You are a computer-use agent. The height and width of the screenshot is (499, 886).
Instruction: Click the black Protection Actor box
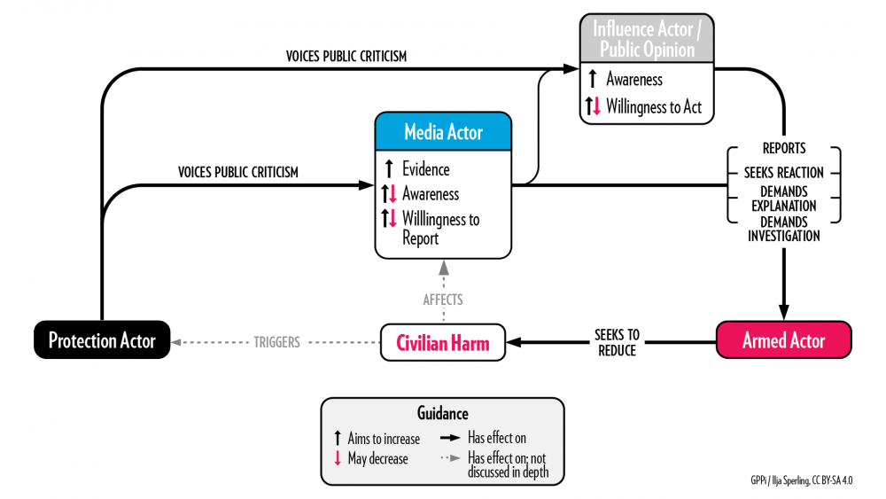pos(102,340)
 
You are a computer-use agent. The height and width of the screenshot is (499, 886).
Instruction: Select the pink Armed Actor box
pos(783,340)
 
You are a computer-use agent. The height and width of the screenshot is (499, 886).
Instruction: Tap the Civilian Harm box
pos(442,343)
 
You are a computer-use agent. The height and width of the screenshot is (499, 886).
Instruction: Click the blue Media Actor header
pos(443,132)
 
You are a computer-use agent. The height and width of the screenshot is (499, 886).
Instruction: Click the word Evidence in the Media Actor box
pos(425,169)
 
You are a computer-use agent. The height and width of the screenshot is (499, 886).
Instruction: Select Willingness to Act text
pos(653,107)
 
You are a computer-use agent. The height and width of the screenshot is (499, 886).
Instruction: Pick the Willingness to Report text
pos(440,228)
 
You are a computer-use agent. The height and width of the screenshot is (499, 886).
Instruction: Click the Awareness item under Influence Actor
pos(633,80)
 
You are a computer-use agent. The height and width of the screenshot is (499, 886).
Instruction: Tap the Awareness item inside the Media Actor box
pos(431,193)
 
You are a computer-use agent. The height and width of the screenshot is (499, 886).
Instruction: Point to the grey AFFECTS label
pos(442,300)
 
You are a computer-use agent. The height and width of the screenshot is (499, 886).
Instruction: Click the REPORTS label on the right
pos(783,149)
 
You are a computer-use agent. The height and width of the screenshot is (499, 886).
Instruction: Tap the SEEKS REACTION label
pos(783,172)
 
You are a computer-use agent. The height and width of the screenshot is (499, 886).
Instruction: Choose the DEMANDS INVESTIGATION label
pos(783,229)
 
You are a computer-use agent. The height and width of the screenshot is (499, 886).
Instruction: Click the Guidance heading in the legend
pos(442,413)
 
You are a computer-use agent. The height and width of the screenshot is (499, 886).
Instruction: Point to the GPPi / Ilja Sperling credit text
pos(805,480)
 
